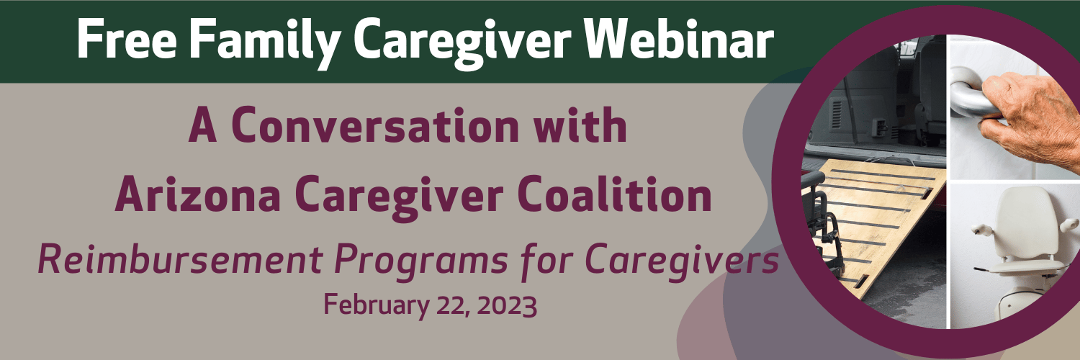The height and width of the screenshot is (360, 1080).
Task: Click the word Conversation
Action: click(376, 125)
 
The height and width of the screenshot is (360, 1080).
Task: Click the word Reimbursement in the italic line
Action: click(180, 259)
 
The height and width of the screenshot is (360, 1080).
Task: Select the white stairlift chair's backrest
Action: click(1027, 222)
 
